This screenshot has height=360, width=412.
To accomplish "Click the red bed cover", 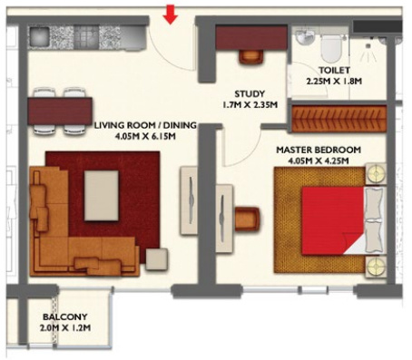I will [x=331, y=218].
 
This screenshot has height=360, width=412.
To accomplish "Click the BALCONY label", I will [x=61, y=317].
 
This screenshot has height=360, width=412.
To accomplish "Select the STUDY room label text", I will [x=249, y=92].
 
